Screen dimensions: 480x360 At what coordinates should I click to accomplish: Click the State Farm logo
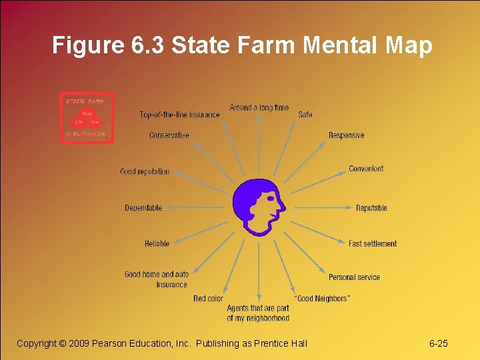pyautogui.click(x=87, y=118)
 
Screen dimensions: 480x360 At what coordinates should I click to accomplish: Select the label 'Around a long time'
pyautogui.click(x=259, y=107)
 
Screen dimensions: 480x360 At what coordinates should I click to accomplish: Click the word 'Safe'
pyautogui.click(x=305, y=115)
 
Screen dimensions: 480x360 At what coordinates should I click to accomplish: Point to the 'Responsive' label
pyautogui.click(x=346, y=135)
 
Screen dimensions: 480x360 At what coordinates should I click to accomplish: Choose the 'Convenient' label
pyautogui.click(x=366, y=169)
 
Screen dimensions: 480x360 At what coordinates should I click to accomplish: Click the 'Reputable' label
pyautogui.click(x=371, y=208)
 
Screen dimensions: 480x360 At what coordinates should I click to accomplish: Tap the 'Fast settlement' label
pyautogui.click(x=373, y=244)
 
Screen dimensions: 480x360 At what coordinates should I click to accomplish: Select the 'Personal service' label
pyautogui.click(x=354, y=277)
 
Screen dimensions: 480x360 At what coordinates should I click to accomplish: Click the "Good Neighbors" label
pyautogui.click(x=322, y=299)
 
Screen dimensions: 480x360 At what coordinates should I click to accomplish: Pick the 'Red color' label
pyautogui.click(x=208, y=299)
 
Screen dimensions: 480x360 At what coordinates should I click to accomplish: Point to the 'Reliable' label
pyautogui.click(x=157, y=244)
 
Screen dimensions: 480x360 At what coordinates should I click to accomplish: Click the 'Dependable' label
pyautogui.click(x=143, y=208)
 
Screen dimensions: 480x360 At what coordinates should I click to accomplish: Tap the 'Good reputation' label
pyautogui.click(x=145, y=171)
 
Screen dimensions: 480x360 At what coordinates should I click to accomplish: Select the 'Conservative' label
pyautogui.click(x=169, y=135)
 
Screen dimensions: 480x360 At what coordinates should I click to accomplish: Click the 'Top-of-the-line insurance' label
pyautogui.click(x=179, y=115)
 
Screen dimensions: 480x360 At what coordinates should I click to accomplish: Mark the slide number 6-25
pyautogui.click(x=439, y=343)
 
